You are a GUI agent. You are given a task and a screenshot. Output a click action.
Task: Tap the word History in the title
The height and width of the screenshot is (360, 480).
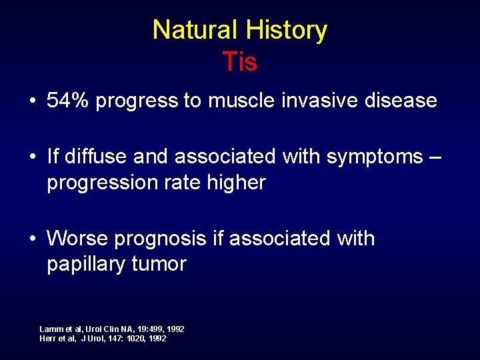pyautogui.click(x=286, y=31)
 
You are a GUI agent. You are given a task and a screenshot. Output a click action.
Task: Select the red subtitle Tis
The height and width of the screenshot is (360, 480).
pyautogui.click(x=240, y=62)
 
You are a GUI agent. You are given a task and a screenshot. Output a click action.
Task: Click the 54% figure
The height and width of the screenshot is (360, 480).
pyautogui.click(x=69, y=101)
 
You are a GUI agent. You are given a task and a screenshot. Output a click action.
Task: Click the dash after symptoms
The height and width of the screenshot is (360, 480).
pyautogui.click(x=435, y=157)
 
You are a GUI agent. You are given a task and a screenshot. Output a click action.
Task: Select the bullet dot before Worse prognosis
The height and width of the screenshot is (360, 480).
pyautogui.click(x=32, y=239)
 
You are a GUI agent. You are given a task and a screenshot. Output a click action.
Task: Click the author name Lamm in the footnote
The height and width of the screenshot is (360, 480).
pyautogui.click(x=51, y=329)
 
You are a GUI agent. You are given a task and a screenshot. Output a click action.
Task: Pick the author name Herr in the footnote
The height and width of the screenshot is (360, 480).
pyautogui.click(x=49, y=339)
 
